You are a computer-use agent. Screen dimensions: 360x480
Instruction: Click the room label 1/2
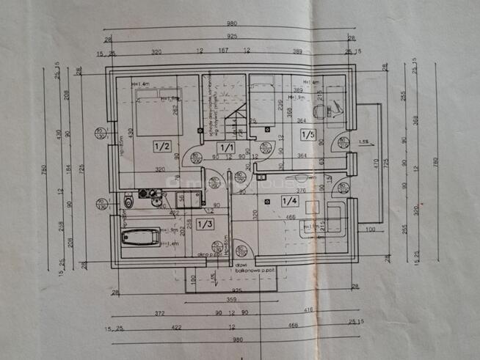tap(161, 147)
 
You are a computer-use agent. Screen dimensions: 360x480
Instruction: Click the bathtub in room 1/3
tap(140, 237)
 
